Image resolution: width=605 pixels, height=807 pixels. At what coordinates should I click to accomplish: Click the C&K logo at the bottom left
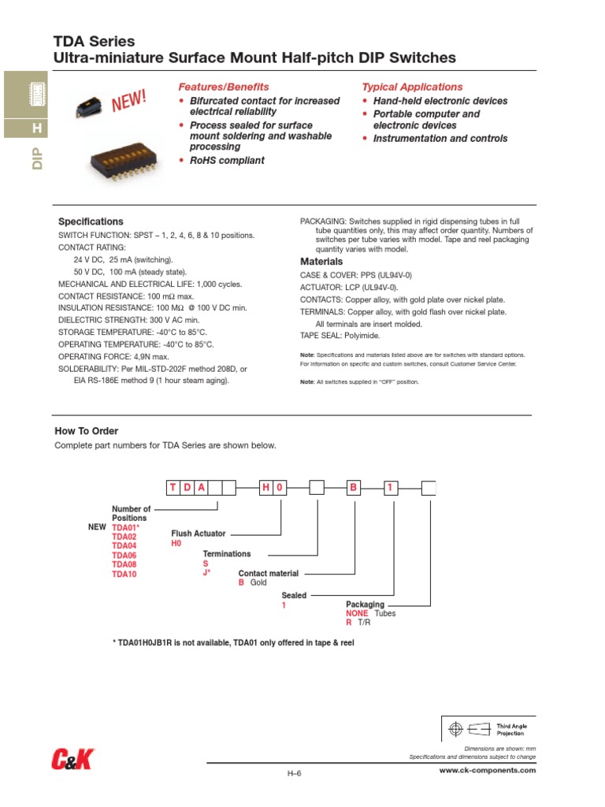pyautogui.click(x=72, y=760)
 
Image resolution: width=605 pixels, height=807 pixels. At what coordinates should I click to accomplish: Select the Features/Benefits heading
pyautogui.click(x=224, y=87)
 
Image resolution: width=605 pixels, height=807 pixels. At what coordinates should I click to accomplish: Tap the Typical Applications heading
pyautogui.click(x=412, y=87)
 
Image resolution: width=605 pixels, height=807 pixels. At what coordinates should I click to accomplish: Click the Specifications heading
pyautogui.click(x=91, y=221)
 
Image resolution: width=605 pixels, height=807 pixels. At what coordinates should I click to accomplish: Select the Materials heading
pyautogui.click(x=321, y=262)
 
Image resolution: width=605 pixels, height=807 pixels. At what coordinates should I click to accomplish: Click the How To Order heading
pyautogui.click(x=86, y=431)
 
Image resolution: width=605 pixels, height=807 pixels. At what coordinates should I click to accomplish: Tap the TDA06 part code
pyautogui.click(x=124, y=555)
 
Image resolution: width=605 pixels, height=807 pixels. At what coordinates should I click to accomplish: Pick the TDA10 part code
pyautogui.click(x=124, y=575)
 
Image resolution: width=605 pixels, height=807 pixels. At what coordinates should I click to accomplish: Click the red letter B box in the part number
pyautogui.click(x=354, y=488)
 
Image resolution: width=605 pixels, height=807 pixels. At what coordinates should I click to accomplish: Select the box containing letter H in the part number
pyautogui.click(x=266, y=488)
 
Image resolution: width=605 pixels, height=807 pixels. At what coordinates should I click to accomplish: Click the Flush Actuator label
pyautogui.click(x=199, y=534)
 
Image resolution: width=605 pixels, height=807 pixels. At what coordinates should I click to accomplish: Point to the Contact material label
pyautogui.click(x=269, y=574)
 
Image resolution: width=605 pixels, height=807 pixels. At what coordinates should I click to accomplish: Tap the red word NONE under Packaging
pyautogui.click(x=357, y=613)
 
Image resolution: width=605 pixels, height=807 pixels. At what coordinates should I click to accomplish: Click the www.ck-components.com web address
pyautogui.click(x=487, y=770)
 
